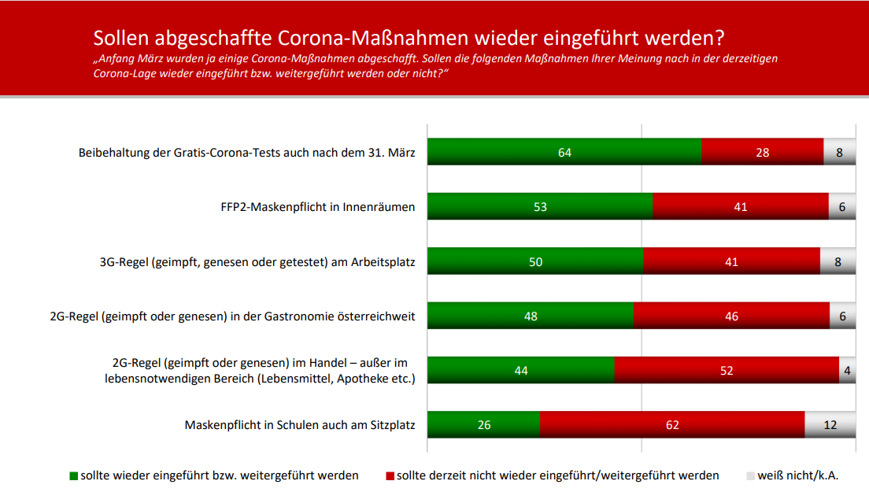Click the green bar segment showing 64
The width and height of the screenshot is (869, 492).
pyautogui.click(x=564, y=152)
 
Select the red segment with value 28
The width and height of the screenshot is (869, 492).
pyautogui.click(x=762, y=152)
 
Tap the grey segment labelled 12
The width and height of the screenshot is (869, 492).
pyautogui.click(x=830, y=424)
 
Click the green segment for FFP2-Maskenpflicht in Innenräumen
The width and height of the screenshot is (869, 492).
pyautogui.click(x=540, y=206)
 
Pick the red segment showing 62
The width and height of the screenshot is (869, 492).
pyautogui.click(x=672, y=424)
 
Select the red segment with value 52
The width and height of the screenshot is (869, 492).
pyautogui.click(x=727, y=370)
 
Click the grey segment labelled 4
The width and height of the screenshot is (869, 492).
pyautogui.click(x=847, y=370)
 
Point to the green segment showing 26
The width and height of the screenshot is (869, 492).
pyautogui.click(x=483, y=424)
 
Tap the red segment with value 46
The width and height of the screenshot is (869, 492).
pyautogui.click(x=731, y=316)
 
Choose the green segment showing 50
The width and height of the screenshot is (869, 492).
pyautogui.click(x=535, y=261)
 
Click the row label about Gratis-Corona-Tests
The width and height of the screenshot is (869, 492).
pyautogui.click(x=246, y=153)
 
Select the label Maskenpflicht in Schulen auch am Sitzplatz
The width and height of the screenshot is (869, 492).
pyautogui.click(x=300, y=425)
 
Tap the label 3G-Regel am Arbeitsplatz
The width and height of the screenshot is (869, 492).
pyautogui.click(x=252, y=262)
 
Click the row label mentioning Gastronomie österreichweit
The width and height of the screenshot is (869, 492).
pyautogui.click(x=232, y=316)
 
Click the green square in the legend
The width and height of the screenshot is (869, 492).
pyautogui.click(x=74, y=476)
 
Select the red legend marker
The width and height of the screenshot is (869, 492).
pyautogui.click(x=390, y=476)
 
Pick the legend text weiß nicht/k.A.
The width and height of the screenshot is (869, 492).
pyautogui.click(x=797, y=475)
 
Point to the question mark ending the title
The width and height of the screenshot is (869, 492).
pyautogui.click(x=719, y=38)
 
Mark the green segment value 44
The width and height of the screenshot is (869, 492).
pyautogui.click(x=520, y=370)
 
